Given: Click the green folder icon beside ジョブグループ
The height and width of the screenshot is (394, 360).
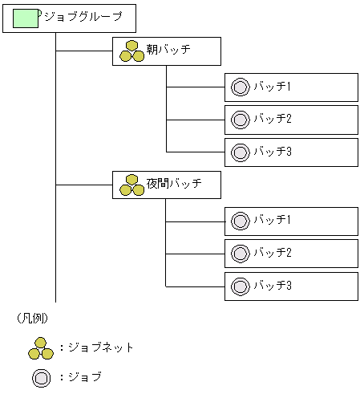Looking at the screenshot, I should pos(26,18).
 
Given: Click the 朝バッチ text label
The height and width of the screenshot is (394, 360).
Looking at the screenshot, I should pos(168,51).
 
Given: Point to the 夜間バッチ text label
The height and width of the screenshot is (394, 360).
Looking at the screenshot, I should pos(173,185).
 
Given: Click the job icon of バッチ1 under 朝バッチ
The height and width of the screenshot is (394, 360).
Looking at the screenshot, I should pos(239,87).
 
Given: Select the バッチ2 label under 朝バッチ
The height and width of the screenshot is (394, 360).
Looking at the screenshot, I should pos(272,120).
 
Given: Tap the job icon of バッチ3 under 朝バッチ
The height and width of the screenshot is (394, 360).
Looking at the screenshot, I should pos(239,152).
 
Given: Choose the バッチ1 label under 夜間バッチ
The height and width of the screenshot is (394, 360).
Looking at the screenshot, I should pos(272,220).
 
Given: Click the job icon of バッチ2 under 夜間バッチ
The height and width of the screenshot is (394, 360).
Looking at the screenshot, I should pos(239,253).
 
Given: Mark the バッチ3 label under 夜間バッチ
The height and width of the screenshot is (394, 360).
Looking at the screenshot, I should pos(272,285).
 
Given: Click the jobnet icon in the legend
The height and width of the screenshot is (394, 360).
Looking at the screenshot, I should pos(40,347).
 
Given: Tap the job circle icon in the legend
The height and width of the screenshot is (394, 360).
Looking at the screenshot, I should pos(41,376).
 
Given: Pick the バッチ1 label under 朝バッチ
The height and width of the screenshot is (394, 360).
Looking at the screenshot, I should pos(272,87).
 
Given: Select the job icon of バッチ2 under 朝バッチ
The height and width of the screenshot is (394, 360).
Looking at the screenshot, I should pos(239,120).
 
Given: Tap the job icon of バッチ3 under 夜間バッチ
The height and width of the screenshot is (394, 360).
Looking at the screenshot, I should pos(239,285).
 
